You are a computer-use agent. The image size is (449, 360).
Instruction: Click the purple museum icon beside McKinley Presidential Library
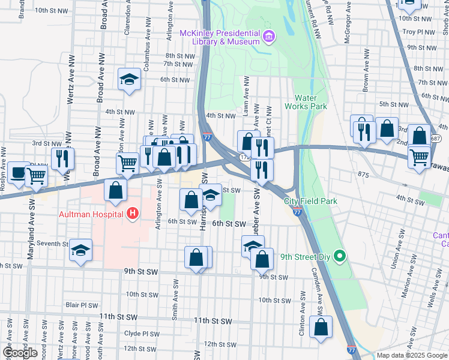(268, 37)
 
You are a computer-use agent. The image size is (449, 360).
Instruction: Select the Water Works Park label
(310, 102)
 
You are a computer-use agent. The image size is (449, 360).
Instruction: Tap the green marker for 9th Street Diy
(340, 257)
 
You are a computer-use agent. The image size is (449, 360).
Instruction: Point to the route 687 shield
(436, 139)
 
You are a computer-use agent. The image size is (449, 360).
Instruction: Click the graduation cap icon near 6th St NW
(128, 80)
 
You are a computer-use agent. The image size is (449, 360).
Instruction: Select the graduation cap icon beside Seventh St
(80, 250)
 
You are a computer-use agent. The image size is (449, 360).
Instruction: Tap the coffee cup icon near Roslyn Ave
(18, 172)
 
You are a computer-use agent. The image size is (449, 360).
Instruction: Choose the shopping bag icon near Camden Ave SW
(321, 327)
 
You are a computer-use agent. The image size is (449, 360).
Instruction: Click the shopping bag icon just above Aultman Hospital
(115, 190)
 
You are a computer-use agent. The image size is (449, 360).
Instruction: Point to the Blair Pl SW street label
(81, 305)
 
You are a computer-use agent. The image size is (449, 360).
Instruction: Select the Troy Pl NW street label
(417, 31)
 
